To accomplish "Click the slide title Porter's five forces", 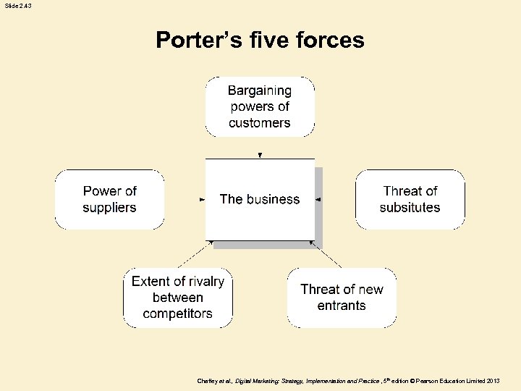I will [x=260, y=39].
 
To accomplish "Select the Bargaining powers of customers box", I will [x=260, y=106].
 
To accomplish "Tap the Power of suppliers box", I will [x=109, y=199].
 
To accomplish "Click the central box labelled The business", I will [x=260, y=199].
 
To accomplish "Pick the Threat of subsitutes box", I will [x=410, y=199].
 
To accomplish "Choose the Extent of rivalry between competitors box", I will [x=178, y=297].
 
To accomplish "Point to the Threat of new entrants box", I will [x=342, y=297].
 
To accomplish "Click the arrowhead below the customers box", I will [x=260, y=155].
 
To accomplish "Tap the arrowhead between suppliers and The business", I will [x=202, y=199].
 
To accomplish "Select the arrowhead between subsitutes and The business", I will [x=318, y=199].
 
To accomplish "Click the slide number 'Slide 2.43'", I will [x=17, y=5].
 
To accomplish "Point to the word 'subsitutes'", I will [x=410, y=208].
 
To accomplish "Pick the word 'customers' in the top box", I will [x=260, y=122].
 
